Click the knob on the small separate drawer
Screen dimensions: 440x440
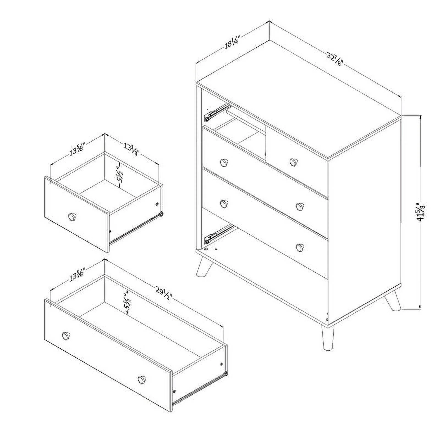pyautogui.click(x=72, y=216)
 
